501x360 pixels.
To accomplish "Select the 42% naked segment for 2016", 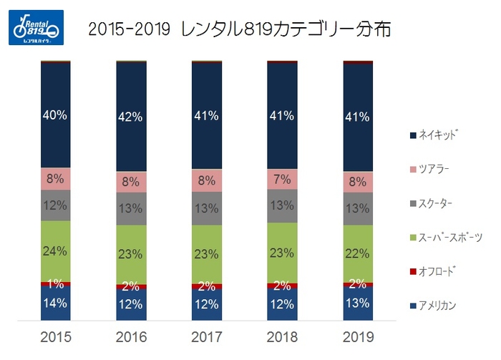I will point(131,117).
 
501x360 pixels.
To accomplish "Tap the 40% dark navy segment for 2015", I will point(55,115).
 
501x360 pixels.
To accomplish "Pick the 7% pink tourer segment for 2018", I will point(282,179).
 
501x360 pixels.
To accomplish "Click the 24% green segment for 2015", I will point(55,250).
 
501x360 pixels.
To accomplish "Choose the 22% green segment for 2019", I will point(358,253).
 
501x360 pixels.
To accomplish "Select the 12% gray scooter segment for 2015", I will point(55,205).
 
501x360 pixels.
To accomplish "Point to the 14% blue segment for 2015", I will point(55,303).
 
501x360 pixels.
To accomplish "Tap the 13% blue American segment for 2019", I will point(358,303).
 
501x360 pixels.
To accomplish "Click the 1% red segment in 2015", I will point(55,283).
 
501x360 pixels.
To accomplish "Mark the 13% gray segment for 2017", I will point(207,208).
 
